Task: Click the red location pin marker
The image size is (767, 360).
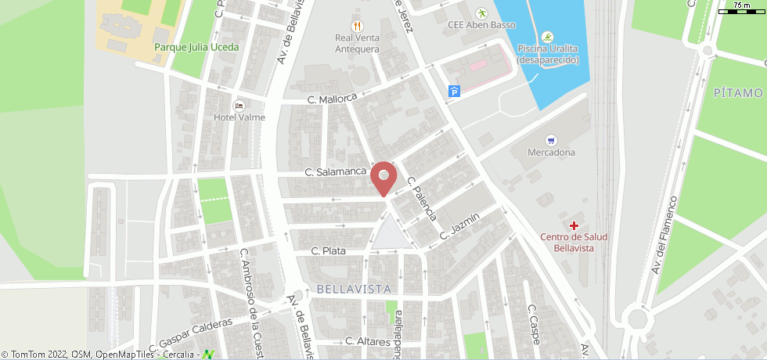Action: click(383, 177)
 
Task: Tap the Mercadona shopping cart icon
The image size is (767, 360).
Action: click(552, 140)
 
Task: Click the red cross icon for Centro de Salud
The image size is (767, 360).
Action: click(574, 225)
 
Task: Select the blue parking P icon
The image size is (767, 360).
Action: click(454, 92)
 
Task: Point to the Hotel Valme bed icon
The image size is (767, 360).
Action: click(239, 106)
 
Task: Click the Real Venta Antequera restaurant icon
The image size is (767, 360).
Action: click(357, 26)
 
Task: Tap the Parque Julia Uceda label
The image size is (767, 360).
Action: click(196, 47)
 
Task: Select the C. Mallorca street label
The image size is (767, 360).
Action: click(332, 99)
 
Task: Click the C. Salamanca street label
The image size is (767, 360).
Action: click(336, 171)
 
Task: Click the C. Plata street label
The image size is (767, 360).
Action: click(329, 251)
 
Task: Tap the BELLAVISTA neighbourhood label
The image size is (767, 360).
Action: click(354, 289)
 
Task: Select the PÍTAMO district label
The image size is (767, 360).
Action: click(739, 93)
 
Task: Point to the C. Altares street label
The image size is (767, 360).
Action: click(368, 342)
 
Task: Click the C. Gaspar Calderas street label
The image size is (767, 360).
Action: click(196, 333)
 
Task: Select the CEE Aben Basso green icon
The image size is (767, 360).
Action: click(482, 13)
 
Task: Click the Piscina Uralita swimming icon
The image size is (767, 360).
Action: click(547, 37)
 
